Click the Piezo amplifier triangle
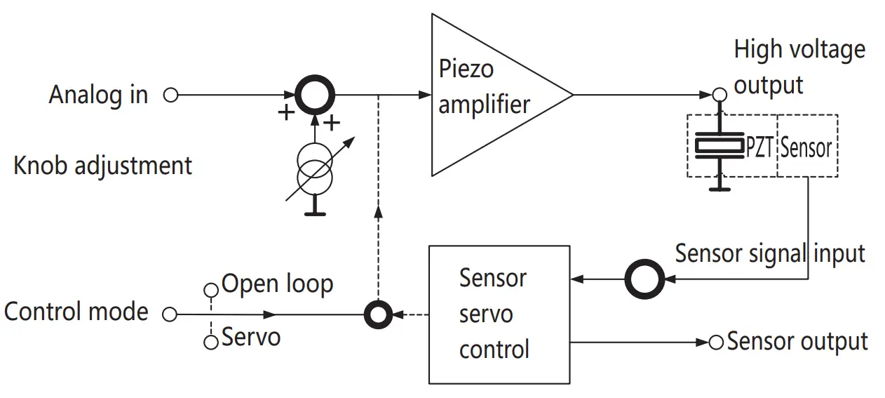[x=491, y=94]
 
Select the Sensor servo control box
[x=499, y=314]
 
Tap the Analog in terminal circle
[x=170, y=94]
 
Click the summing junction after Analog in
[x=315, y=94]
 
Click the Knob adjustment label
[x=102, y=166]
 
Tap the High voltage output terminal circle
[x=719, y=95]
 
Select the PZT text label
[x=759, y=147]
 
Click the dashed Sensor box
[x=807, y=146]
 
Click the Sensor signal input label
[x=769, y=253]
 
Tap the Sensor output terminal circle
[x=716, y=343]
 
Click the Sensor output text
[x=797, y=342]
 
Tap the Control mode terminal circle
[x=169, y=314]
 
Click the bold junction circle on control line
[x=379, y=314]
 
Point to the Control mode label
[x=76, y=311]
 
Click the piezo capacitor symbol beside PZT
[x=718, y=146]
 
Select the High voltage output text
[x=799, y=67]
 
